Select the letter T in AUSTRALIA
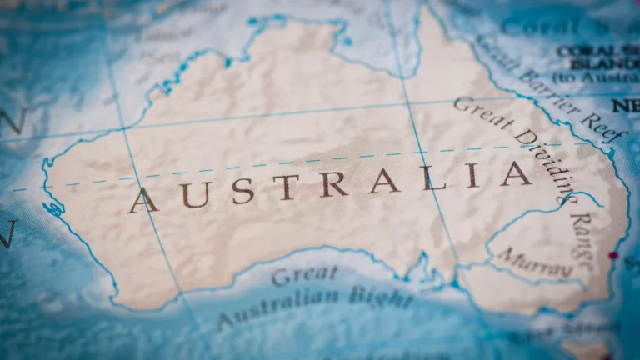(285, 187)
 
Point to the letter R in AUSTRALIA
(333, 183)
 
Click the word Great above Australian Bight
(305, 276)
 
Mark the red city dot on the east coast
(614, 255)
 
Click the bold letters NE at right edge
(625, 106)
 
